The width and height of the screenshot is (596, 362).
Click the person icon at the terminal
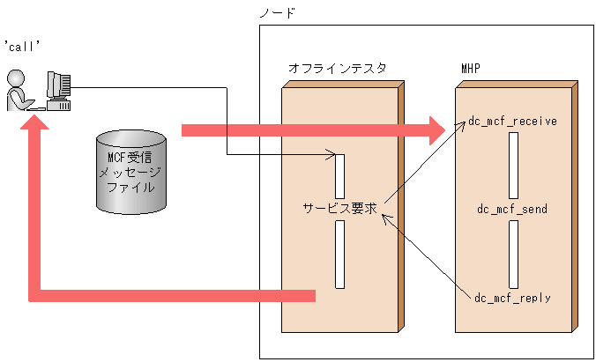[20, 91]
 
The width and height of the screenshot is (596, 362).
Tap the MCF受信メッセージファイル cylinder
[130, 171]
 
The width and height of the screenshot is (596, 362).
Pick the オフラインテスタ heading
[337, 68]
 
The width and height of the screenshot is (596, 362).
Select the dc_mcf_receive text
[512, 121]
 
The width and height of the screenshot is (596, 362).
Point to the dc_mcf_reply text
[512, 298]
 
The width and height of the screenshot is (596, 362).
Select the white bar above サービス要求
[339, 175]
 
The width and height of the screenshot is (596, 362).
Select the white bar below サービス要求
[339, 254]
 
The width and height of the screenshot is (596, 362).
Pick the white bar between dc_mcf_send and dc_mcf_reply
[512, 254]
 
